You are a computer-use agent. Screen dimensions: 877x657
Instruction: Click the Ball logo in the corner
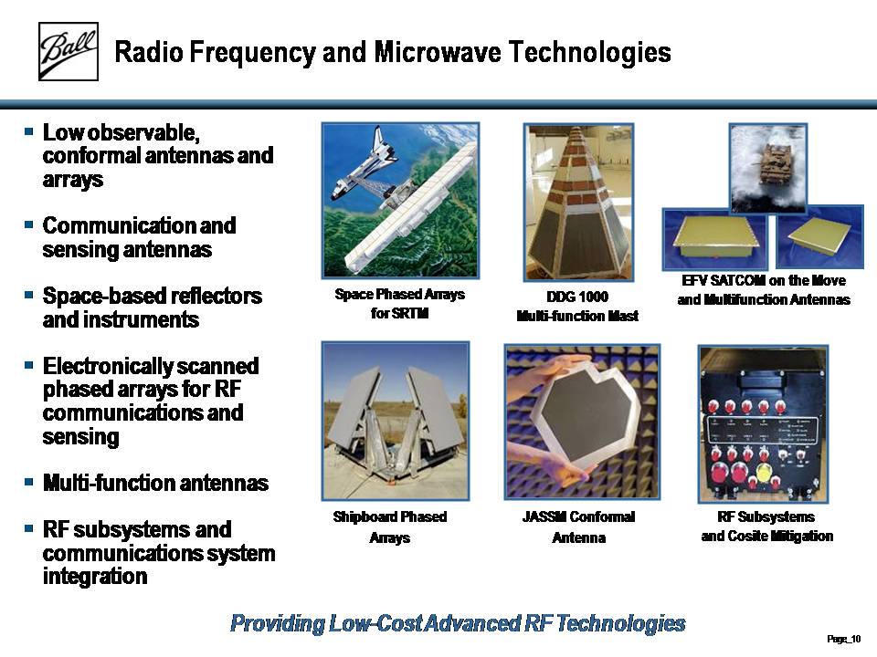(x=69, y=51)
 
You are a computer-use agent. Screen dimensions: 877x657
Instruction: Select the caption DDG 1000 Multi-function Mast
(x=577, y=307)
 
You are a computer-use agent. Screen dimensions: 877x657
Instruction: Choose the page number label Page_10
(x=843, y=639)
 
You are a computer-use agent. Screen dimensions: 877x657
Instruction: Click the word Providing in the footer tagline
(x=277, y=623)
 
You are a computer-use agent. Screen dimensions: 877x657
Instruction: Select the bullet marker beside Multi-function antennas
(x=29, y=481)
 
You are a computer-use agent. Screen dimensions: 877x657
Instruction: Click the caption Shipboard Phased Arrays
(x=390, y=527)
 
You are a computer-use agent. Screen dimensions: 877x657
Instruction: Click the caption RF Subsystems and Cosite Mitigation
(x=766, y=527)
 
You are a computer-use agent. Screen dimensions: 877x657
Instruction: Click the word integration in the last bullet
(x=95, y=576)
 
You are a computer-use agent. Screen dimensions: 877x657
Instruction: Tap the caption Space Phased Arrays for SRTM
(x=399, y=303)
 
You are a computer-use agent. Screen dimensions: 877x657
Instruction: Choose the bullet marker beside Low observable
(x=29, y=131)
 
